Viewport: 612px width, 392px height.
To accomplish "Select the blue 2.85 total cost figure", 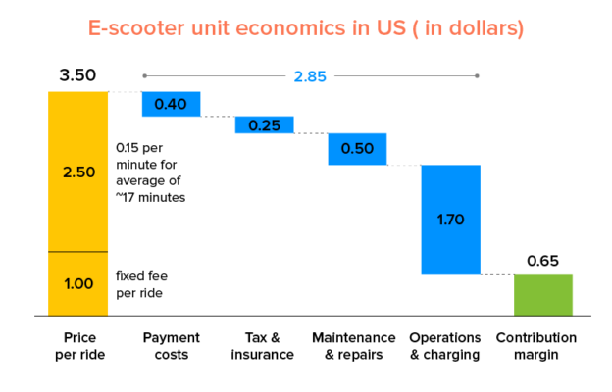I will tap(310, 75).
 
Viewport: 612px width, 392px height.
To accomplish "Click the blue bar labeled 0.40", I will tap(172, 104).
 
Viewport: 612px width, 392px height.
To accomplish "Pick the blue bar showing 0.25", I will tap(264, 124).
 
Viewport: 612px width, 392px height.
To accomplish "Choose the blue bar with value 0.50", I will tap(357, 149).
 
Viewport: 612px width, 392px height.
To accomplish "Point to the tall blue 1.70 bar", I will tap(450, 220).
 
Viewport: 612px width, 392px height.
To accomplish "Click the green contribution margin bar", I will tap(543, 295).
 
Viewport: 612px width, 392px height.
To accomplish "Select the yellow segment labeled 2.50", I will tap(77, 171).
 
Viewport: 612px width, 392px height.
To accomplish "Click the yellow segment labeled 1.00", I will tap(77, 284).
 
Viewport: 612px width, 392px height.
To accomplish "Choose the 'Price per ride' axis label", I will tap(77, 346).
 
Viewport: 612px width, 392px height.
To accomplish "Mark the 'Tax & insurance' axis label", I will tap(263, 346).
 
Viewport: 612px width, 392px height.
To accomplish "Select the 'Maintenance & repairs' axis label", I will tap(354, 346).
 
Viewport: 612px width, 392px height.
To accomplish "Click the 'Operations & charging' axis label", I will tap(445, 346).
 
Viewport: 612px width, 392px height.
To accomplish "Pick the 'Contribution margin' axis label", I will tap(543, 346).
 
